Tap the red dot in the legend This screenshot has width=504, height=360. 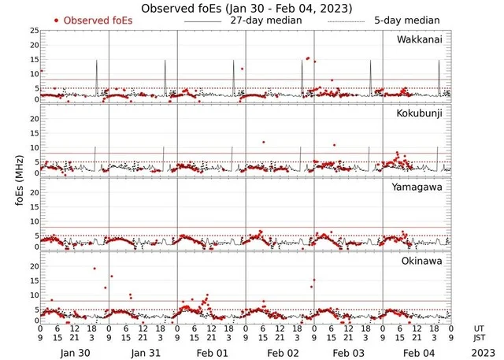(x=56, y=20)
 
